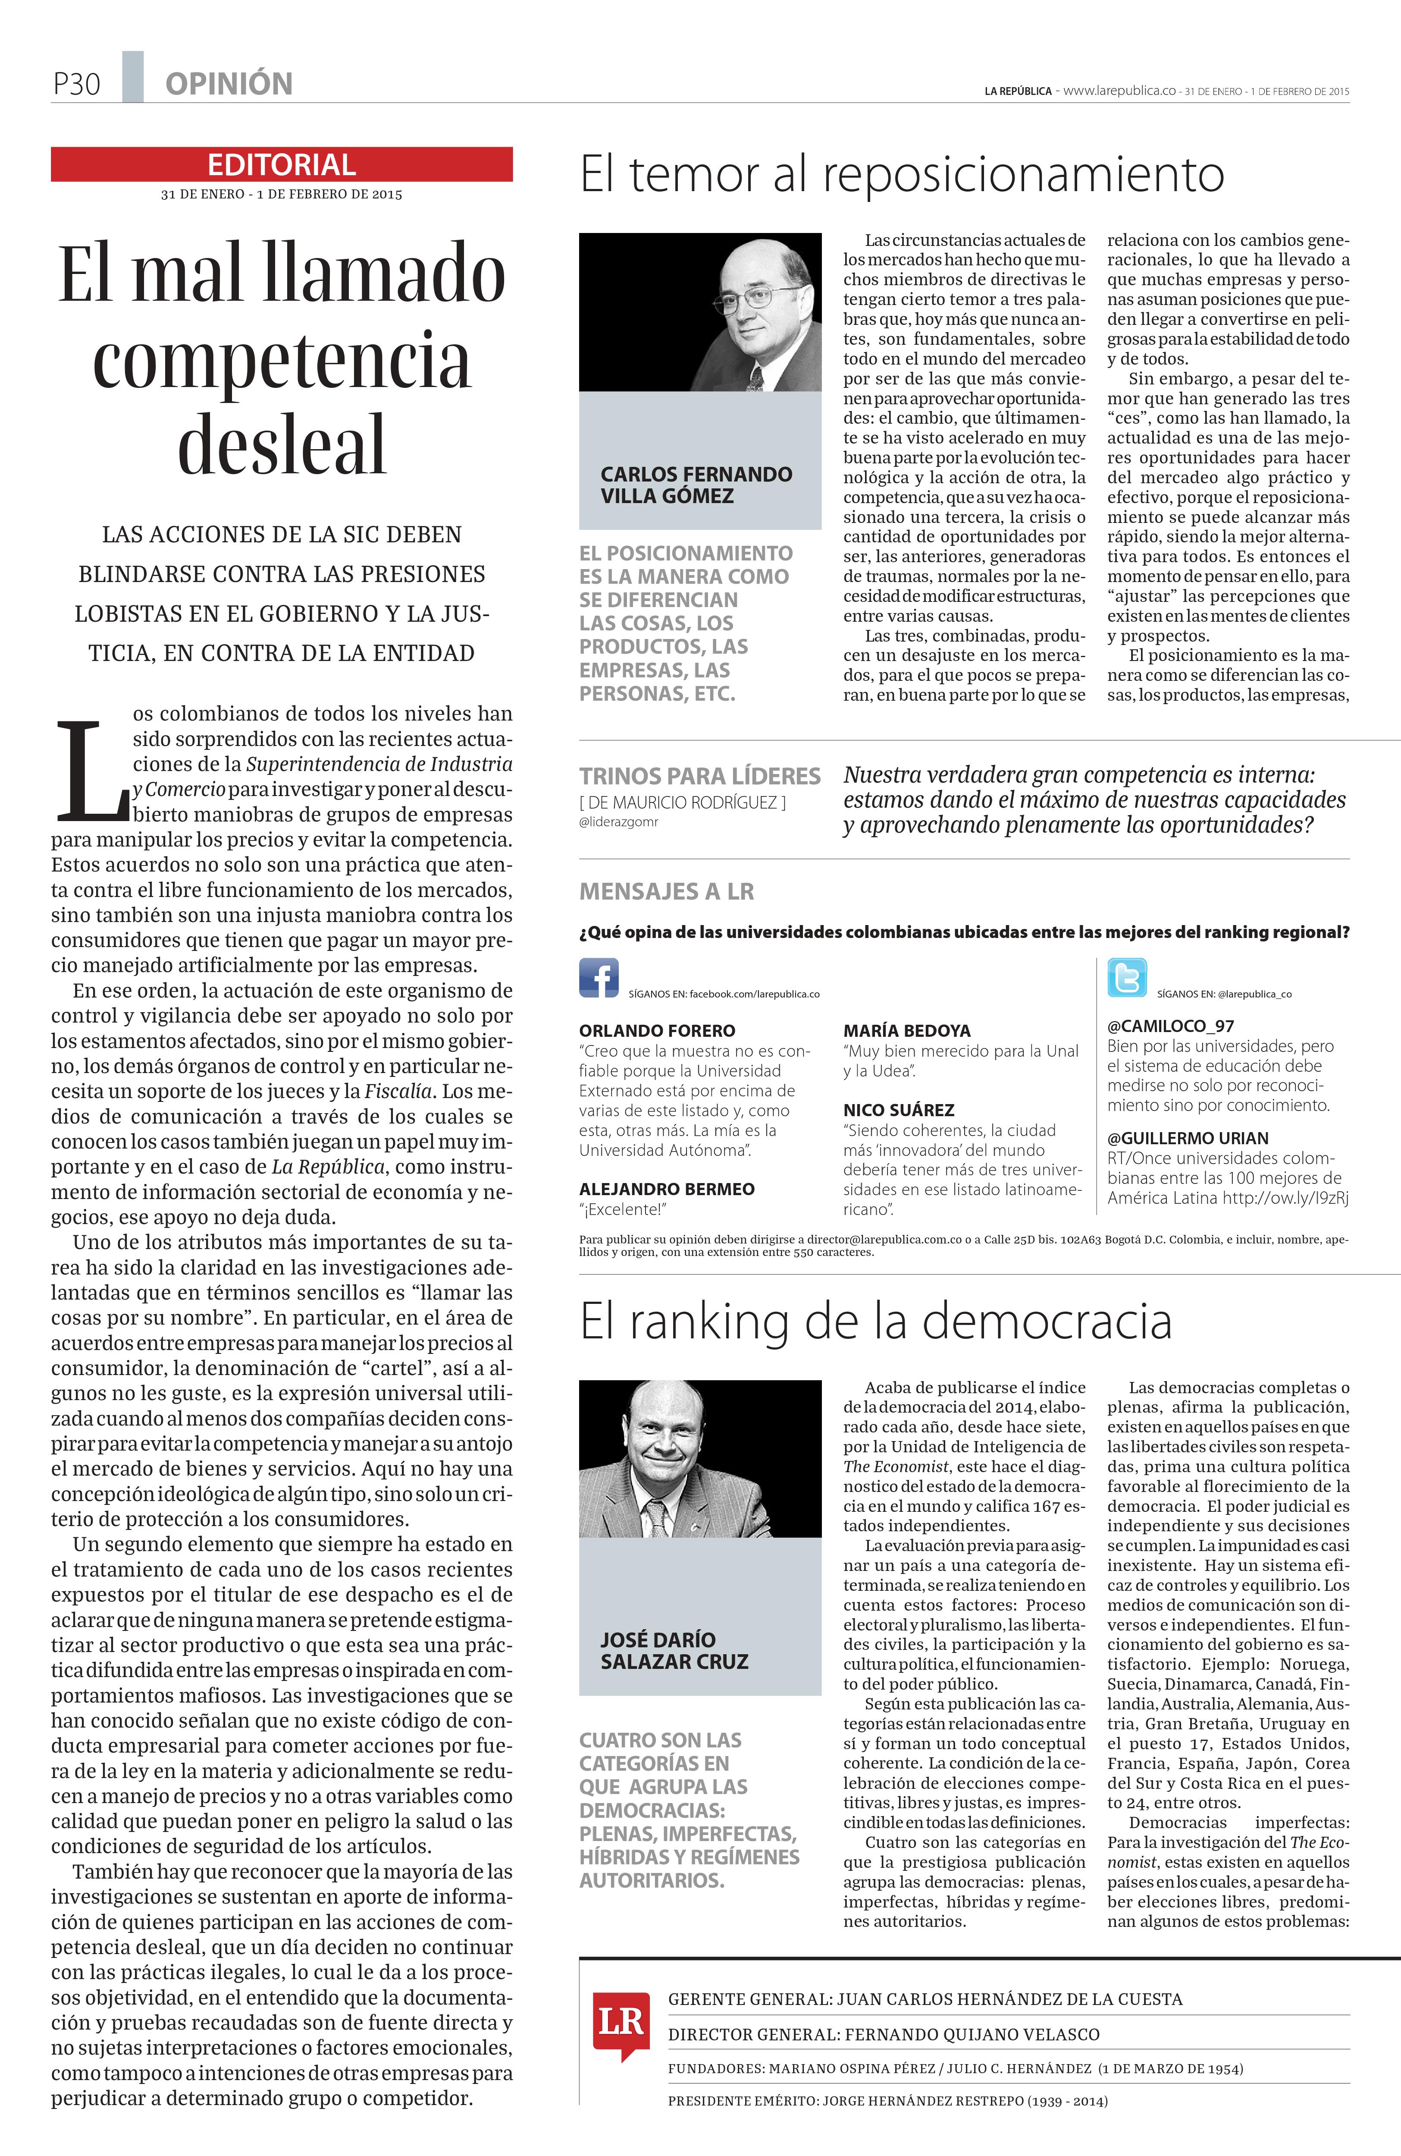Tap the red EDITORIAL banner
(x=282, y=164)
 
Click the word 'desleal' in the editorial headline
(x=282, y=445)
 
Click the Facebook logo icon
(x=599, y=977)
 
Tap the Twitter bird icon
(x=1127, y=977)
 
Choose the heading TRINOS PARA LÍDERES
(x=699, y=776)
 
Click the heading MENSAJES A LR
(x=666, y=891)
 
